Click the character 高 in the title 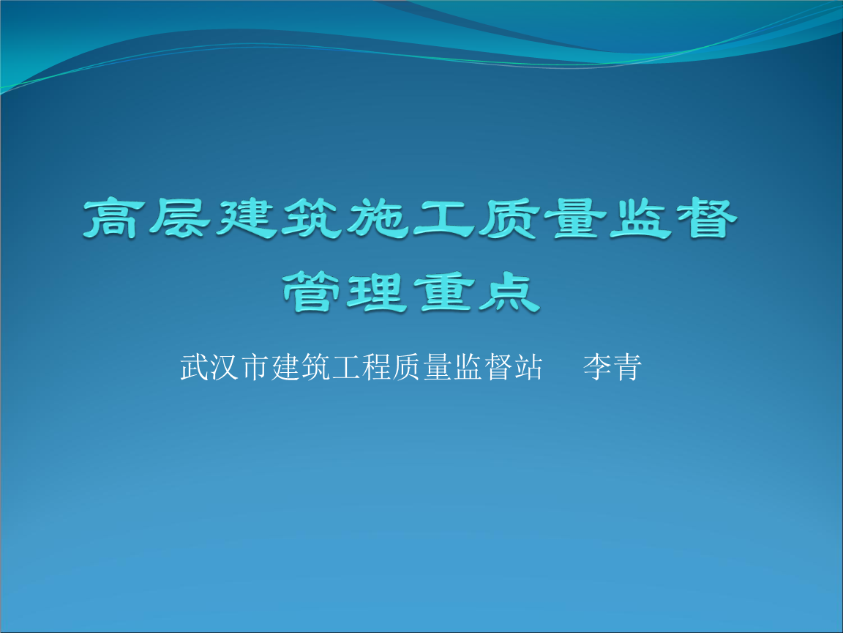pyautogui.click(x=114, y=218)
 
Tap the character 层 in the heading pyautogui.click(x=179, y=218)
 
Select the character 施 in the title pyautogui.click(x=376, y=218)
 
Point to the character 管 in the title pyautogui.click(x=311, y=292)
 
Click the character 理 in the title pyautogui.click(x=377, y=292)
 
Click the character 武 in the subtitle pyautogui.click(x=195, y=368)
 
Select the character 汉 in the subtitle pyautogui.click(x=225, y=368)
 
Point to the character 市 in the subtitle pyautogui.click(x=255, y=368)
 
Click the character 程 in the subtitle pyautogui.click(x=376, y=368)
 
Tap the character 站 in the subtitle pyautogui.click(x=528, y=368)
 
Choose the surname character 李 pyautogui.click(x=597, y=368)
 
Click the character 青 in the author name pyautogui.click(x=627, y=368)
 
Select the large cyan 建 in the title pyautogui.click(x=245, y=218)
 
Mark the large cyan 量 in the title pyautogui.click(x=574, y=218)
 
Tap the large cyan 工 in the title pyautogui.click(x=443, y=218)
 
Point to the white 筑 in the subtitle pyautogui.click(x=316, y=368)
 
